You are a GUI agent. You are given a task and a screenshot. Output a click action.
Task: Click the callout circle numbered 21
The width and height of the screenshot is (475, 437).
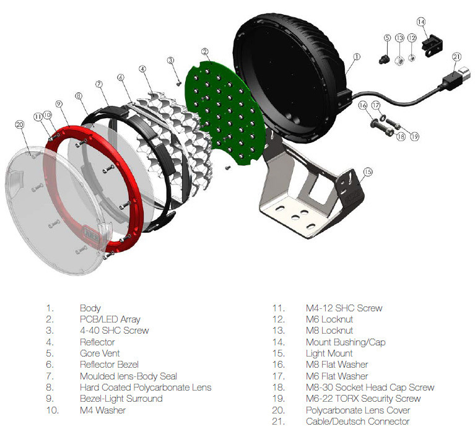457,56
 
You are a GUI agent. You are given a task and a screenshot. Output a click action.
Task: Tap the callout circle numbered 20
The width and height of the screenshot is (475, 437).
19,125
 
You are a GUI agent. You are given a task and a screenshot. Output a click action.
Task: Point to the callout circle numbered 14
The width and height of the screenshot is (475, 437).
422,22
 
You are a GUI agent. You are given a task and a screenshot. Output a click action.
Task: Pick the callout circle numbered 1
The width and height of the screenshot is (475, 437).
357,56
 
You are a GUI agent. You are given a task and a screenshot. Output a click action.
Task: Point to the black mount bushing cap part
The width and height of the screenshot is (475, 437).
432,43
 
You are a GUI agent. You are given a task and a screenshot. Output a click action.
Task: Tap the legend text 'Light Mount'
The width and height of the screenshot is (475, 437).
329,353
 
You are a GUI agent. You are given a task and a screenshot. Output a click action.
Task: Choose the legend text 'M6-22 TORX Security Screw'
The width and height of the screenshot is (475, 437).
363,398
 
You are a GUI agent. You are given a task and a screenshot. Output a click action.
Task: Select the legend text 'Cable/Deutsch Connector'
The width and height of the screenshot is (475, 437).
357,421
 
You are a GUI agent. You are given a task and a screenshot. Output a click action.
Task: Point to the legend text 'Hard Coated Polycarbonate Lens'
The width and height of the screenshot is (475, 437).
146,387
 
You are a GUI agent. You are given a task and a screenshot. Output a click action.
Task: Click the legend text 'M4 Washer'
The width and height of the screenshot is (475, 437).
103,410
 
